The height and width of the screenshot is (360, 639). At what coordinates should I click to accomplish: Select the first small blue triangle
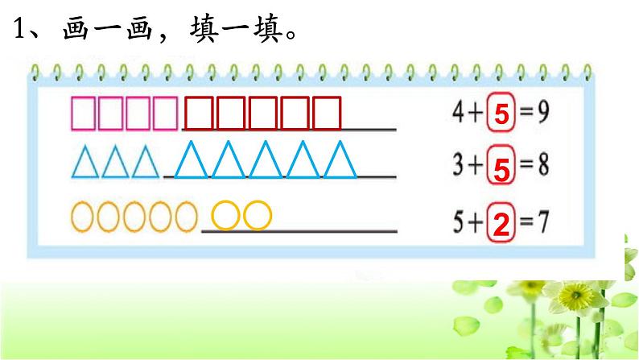[85, 163]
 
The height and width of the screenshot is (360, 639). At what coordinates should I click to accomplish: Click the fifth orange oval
[186, 216]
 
